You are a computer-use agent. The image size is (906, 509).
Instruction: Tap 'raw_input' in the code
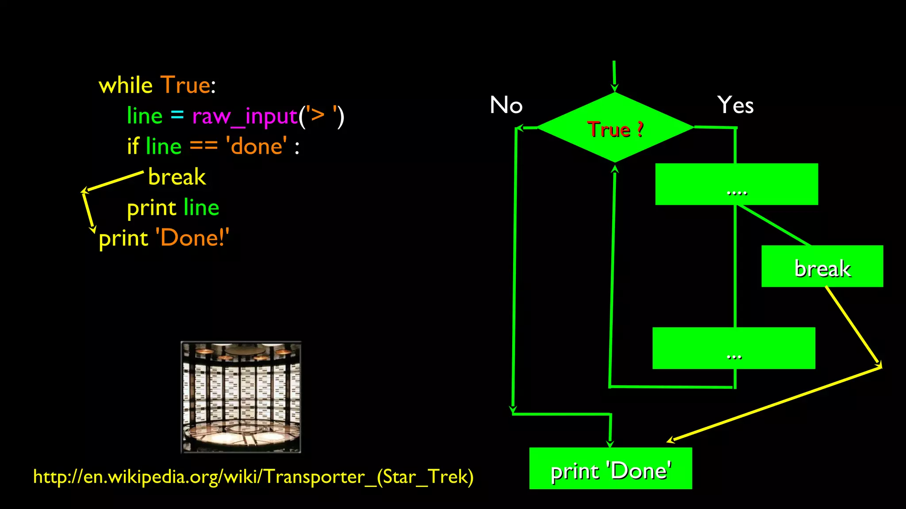tap(245, 117)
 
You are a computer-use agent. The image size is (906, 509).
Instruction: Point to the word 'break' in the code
tap(177, 177)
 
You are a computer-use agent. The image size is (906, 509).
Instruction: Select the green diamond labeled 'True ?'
tap(615, 128)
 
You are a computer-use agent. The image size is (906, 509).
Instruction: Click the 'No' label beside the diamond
tap(506, 105)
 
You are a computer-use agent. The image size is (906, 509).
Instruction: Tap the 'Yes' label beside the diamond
tap(735, 105)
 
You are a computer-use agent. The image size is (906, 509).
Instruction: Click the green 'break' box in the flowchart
tap(822, 266)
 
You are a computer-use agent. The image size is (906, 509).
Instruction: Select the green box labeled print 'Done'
tap(610, 468)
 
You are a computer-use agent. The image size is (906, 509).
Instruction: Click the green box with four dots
tap(737, 184)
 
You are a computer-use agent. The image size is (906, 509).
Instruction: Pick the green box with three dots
tap(734, 348)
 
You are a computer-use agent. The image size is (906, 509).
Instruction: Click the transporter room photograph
tap(241, 397)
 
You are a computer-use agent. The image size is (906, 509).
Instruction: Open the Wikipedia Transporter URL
tap(253, 477)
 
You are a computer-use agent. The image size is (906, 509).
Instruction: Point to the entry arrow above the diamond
tap(614, 76)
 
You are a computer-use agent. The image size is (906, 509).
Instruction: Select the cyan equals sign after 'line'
tap(177, 115)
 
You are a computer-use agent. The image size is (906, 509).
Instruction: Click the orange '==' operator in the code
tap(203, 146)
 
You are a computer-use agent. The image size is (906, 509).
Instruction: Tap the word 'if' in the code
tap(133, 146)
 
